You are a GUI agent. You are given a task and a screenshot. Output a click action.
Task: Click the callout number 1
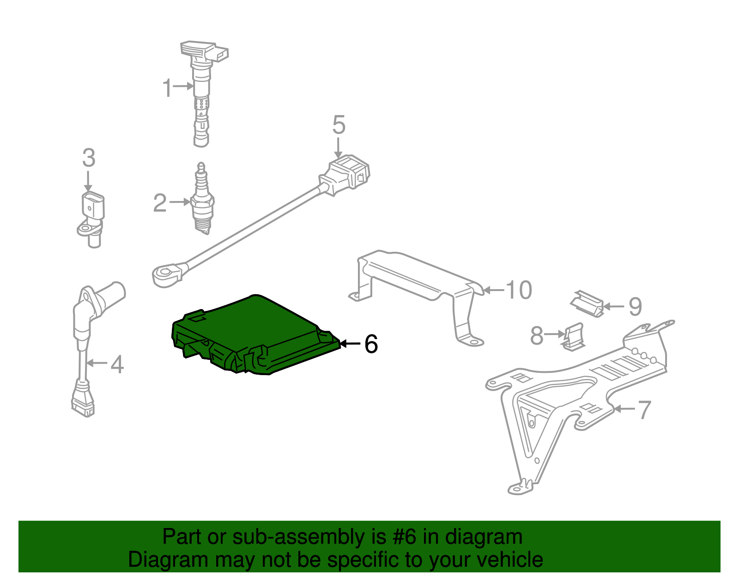167,88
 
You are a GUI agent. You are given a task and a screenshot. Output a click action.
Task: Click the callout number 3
89,158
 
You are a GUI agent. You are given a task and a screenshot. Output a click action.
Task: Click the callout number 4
117,364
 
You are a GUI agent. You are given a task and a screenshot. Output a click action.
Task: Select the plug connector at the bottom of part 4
83,402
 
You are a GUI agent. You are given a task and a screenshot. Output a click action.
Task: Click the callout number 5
339,125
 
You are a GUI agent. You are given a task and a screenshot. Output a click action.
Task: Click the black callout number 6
371,344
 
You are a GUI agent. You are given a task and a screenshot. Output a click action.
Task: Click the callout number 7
644,409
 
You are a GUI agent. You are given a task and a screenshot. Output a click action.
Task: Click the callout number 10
519,290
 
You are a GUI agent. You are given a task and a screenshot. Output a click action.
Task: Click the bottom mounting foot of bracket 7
520,487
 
